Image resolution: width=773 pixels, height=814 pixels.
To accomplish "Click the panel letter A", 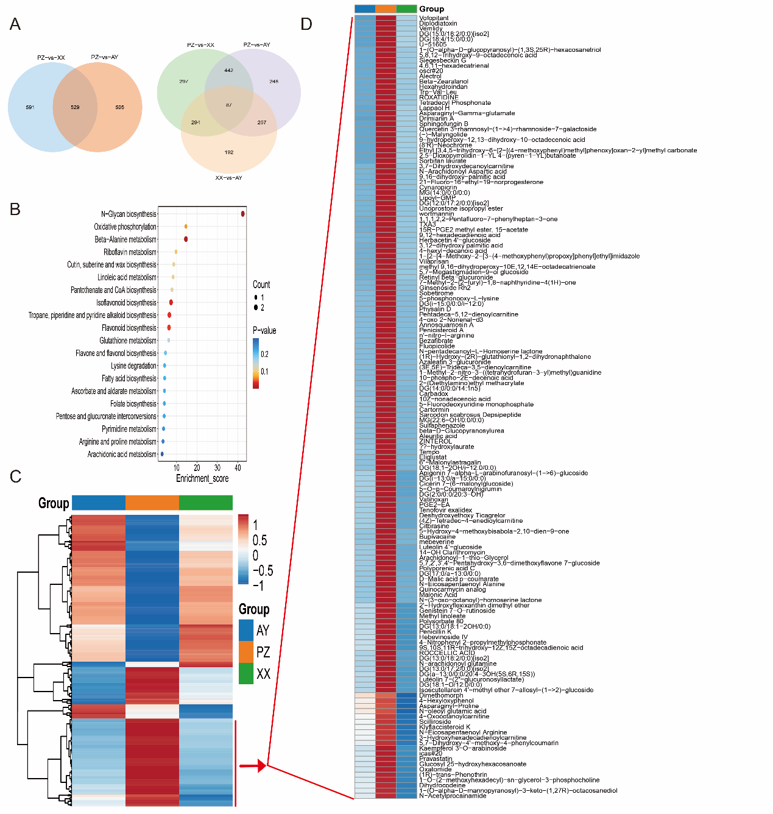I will pyautogui.click(x=15, y=24).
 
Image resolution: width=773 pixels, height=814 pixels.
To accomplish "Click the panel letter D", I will pyautogui.click(x=306, y=24).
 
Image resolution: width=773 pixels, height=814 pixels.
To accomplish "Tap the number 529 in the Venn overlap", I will pyautogui.click(x=75, y=107).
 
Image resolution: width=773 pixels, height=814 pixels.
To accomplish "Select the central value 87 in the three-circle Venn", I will pyautogui.click(x=228, y=105).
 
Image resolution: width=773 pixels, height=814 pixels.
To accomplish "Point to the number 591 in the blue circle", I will pyautogui.click(x=30, y=107).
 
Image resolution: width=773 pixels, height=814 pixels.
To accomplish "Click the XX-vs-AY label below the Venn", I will pyautogui.click(x=228, y=178).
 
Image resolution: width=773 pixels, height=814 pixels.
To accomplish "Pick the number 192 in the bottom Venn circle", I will pyautogui.click(x=228, y=152).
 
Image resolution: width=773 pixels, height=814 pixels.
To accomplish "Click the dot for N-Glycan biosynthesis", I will pyautogui.click(x=243, y=213).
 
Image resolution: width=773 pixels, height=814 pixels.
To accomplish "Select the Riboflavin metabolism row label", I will pyautogui.click(x=130, y=252).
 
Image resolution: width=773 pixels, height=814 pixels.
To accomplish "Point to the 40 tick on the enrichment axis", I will pyautogui.click(x=238, y=468).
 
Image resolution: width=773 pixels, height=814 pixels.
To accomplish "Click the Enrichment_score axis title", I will pyautogui.click(x=202, y=479).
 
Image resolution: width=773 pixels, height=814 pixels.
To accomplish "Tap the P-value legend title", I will pyautogui.click(x=264, y=331).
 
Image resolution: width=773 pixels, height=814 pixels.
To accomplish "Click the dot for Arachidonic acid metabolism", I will pyautogui.click(x=162, y=454).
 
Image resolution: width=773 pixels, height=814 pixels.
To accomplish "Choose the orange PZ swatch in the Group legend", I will pyautogui.click(x=246, y=652).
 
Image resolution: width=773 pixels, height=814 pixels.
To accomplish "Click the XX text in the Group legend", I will pyautogui.click(x=263, y=674).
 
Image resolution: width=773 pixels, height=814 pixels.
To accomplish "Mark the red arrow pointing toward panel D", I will pyautogui.click(x=253, y=765).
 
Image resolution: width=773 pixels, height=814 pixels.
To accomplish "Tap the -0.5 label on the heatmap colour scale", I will pyautogui.click(x=263, y=571).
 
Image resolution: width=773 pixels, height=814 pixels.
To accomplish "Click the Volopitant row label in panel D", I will pyautogui.click(x=434, y=18).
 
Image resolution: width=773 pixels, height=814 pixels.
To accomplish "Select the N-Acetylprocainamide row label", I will pyautogui.click(x=453, y=796).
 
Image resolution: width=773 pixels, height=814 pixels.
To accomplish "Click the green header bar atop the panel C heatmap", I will pyautogui.click(x=206, y=503).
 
